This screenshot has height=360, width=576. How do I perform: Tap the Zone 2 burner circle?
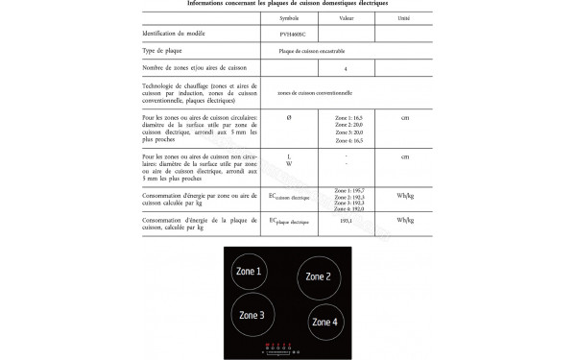(318, 276)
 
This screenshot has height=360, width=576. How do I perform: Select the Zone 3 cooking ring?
(252, 314)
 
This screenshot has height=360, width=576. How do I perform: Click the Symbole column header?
(289, 18)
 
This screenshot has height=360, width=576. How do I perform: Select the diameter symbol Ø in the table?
(289, 116)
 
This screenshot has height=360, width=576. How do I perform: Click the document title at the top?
(288, 5)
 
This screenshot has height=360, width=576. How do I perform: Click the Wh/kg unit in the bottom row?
(404, 220)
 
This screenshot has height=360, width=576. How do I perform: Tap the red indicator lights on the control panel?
(277, 343)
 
